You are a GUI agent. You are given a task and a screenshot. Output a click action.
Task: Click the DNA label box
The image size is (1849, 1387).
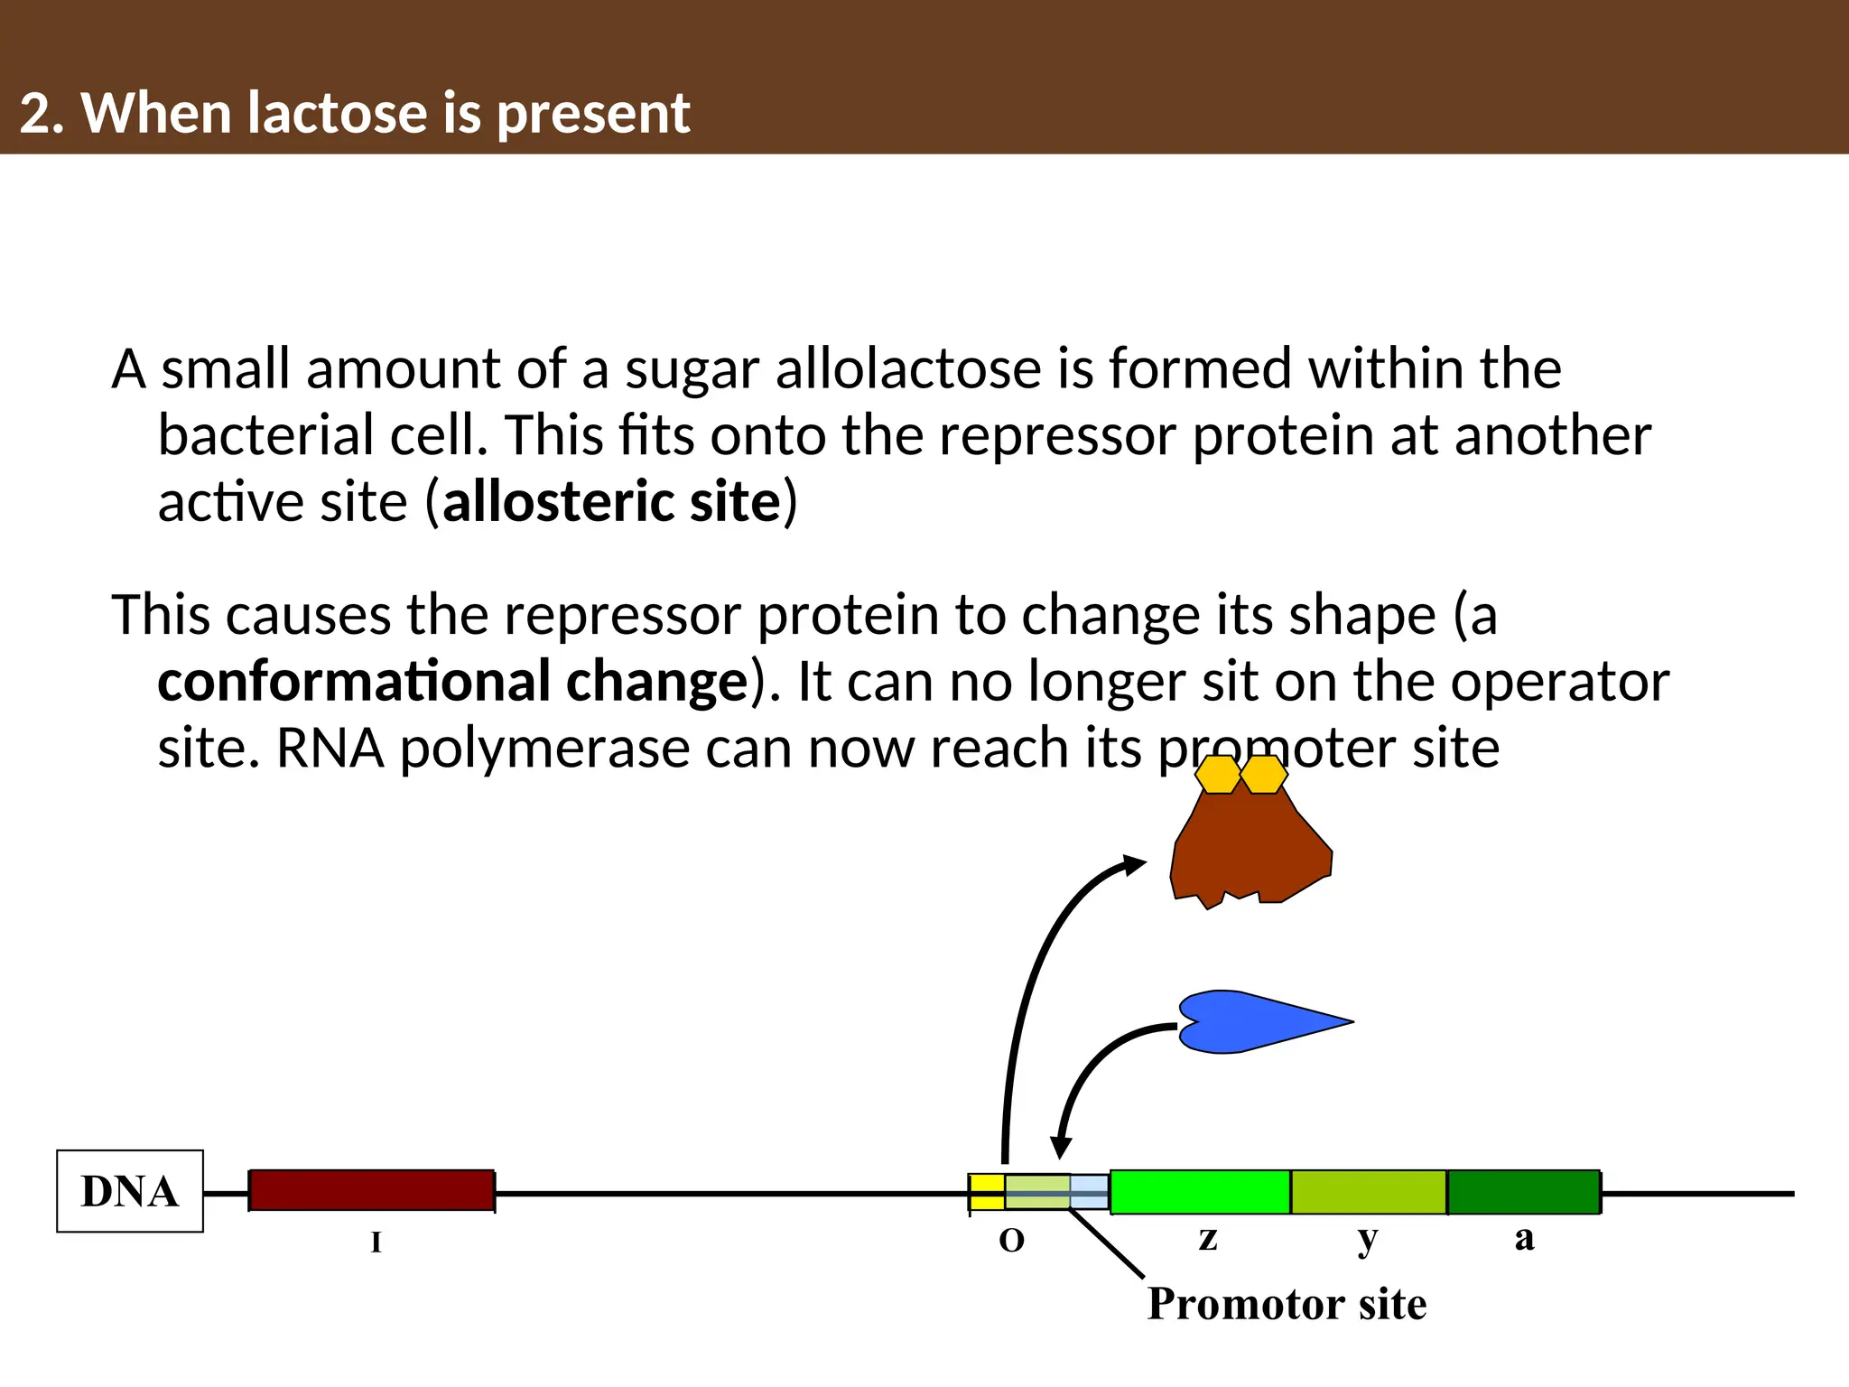[129, 1191]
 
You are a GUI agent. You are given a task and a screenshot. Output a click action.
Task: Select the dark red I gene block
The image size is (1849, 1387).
[371, 1190]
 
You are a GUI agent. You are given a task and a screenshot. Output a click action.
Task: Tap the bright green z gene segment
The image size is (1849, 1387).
[1200, 1192]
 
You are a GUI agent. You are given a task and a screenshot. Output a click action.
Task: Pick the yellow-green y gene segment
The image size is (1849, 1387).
[1369, 1192]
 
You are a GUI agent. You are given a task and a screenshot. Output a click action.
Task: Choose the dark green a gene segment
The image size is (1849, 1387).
[1524, 1192]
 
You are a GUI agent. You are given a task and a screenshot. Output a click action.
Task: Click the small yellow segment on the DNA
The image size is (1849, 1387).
[986, 1192]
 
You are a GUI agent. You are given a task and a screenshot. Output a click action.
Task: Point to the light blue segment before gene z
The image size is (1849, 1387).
[1090, 1192]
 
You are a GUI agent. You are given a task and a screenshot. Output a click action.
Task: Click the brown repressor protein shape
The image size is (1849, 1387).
[1250, 849]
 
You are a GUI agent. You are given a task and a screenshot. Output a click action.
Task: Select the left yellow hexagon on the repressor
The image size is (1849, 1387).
[1218, 775]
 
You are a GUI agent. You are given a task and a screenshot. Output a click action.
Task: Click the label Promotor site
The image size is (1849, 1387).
[1287, 1304]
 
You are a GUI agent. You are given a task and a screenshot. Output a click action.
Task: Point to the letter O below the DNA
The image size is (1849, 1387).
[1011, 1241]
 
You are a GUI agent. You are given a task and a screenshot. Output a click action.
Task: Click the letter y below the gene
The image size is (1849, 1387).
[1367, 1239]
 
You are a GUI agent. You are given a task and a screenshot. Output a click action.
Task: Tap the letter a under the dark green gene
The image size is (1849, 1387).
[1524, 1238]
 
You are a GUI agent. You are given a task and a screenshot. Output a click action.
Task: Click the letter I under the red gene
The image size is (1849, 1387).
[376, 1243]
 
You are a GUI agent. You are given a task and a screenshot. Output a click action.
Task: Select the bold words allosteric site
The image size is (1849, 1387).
[611, 502]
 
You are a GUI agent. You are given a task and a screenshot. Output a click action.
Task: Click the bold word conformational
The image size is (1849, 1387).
[353, 682]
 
